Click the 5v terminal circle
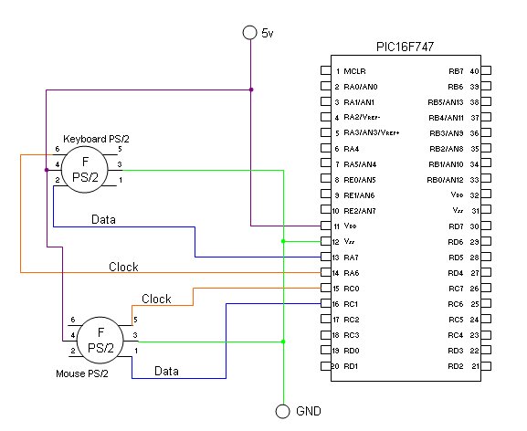pyautogui.click(x=249, y=33)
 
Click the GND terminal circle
pyautogui.click(x=282, y=411)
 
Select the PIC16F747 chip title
pyautogui.click(x=405, y=47)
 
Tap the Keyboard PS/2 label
pyautogui.click(x=96, y=139)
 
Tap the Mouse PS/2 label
pyautogui.click(x=82, y=373)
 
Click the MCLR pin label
pyautogui.click(x=354, y=71)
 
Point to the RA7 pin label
pyautogui.click(x=351, y=258)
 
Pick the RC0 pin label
pyautogui.click(x=352, y=289)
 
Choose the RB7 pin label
pyautogui.click(x=456, y=71)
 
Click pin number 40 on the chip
pyautogui.click(x=475, y=71)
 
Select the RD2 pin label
pyautogui.click(x=456, y=366)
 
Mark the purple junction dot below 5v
pyautogui.click(x=251, y=89)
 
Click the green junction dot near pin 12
pyautogui.click(x=283, y=241)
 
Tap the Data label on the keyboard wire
pyautogui.click(x=103, y=219)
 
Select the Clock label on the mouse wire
pyautogui.click(x=156, y=299)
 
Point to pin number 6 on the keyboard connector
pyautogui.click(x=58, y=149)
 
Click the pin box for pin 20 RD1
pyautogui.click(x=326, y=366)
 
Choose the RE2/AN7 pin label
pyautogui.click(x=360, y=211)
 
